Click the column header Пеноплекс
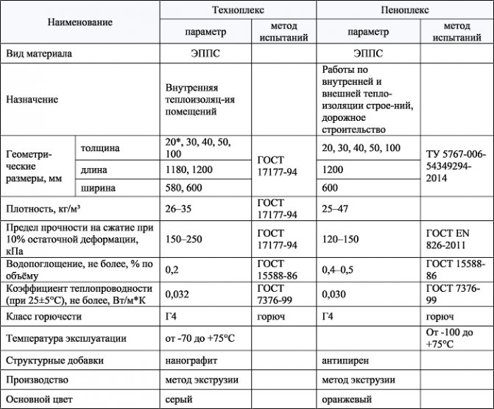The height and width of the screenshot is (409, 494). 405,11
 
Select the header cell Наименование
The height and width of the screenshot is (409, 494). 80,22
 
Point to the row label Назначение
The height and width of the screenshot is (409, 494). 32,99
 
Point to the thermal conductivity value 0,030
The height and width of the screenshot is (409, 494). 336,293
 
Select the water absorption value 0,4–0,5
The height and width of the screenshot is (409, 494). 338,269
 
